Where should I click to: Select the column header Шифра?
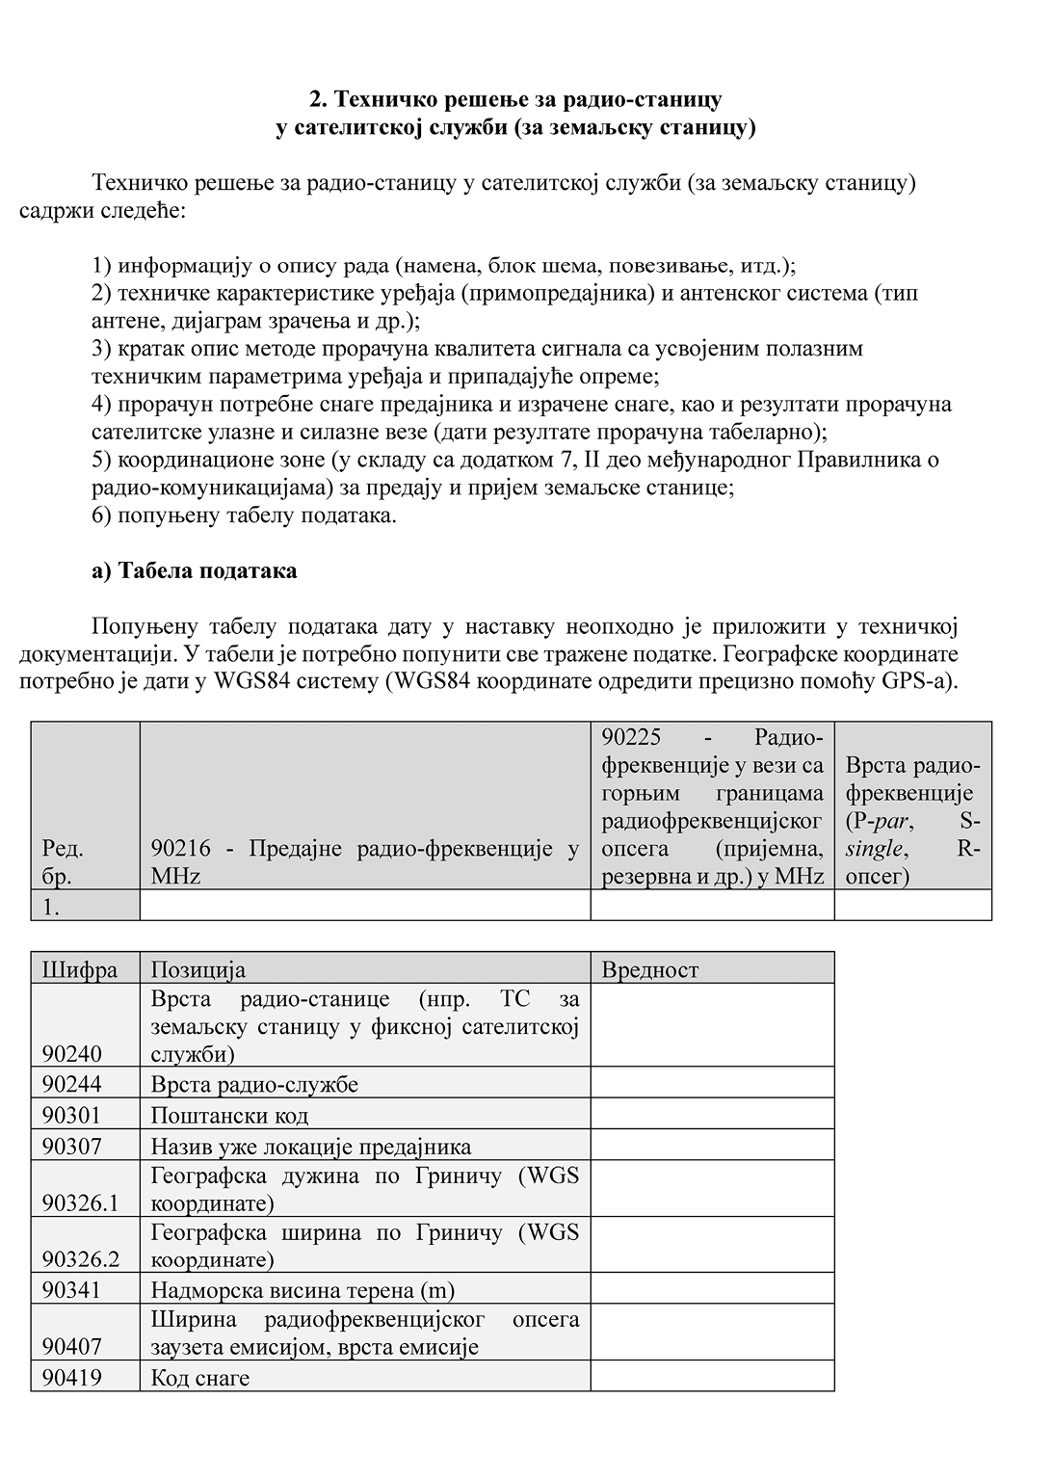[x=79, y=969]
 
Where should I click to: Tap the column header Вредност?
[x=650, y=969]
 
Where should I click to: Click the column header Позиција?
[x=197, y=969]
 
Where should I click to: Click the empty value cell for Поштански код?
[x=712, y=1115]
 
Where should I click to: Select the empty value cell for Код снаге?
[x=712, y=1377]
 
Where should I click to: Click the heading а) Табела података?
[x=194, y=570]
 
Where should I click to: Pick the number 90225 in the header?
[x=630, y=737]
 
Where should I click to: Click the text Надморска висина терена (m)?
[x=303, y=1289]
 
